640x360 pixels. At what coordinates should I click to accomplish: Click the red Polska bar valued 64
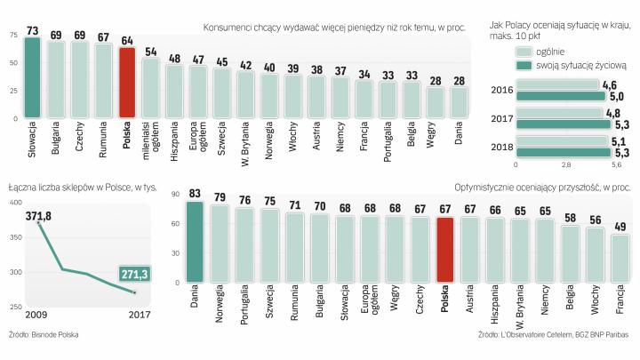[x=127, y=83]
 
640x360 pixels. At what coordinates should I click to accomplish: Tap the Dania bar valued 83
[x=194, y=243]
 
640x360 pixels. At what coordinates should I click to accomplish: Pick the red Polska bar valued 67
[x=445, y=250]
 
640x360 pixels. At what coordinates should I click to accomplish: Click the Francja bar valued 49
[x=620, y=258]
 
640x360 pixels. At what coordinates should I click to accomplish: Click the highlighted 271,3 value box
[x=135, y=274]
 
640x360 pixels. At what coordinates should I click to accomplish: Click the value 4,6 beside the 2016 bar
[x=610, y=84]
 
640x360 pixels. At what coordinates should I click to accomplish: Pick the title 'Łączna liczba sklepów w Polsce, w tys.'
[x=82, y=188]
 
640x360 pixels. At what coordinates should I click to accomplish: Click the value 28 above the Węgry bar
[x=436, y=81]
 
